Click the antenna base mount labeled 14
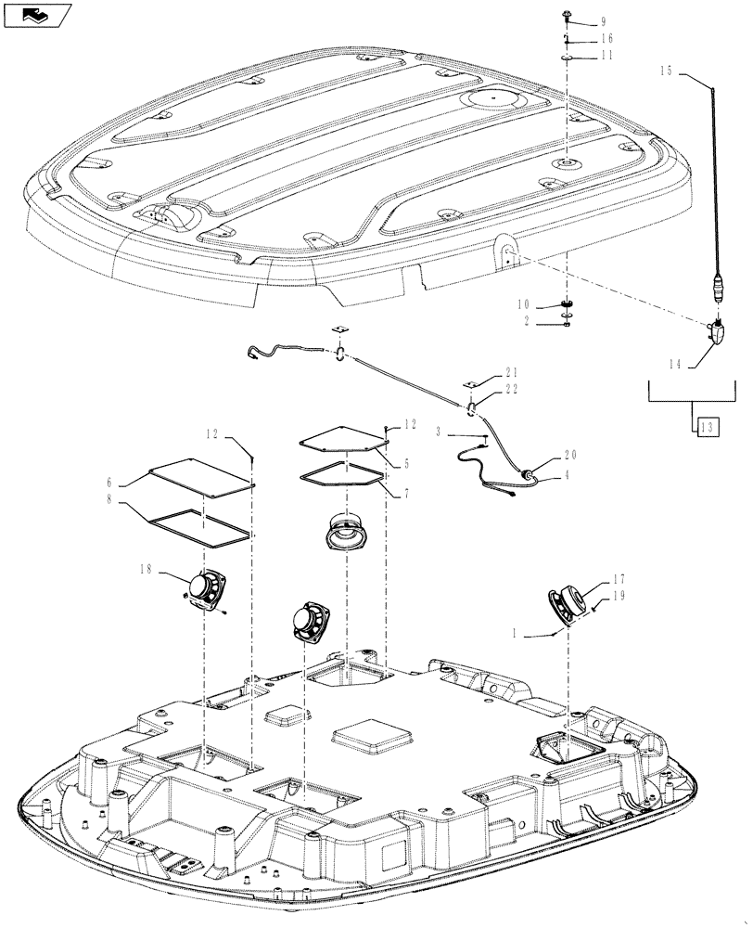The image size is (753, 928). [721, 332]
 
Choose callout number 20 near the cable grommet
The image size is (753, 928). [569, 458]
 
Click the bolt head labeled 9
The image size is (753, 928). [566, 15]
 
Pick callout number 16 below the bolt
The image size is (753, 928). [604, 39]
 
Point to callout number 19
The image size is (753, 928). [619, 599]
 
